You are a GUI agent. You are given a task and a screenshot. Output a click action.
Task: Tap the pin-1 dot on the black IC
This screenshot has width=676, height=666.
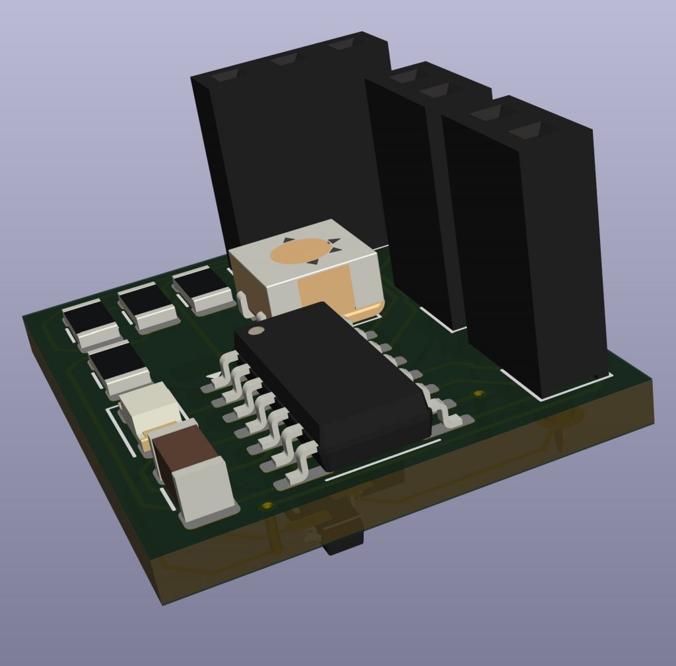point(258,330)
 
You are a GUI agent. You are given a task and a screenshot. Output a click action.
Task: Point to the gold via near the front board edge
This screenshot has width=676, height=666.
point(267,506)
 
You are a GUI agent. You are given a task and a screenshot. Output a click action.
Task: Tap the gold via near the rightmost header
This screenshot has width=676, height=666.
point(479,394)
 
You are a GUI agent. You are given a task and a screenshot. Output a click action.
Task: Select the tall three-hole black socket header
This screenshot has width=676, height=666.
point(290,145)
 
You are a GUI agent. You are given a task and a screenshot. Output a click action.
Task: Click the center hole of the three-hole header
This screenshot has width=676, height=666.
point(286,60)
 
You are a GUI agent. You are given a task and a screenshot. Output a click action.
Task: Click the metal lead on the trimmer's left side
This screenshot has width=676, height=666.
point(244,304)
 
